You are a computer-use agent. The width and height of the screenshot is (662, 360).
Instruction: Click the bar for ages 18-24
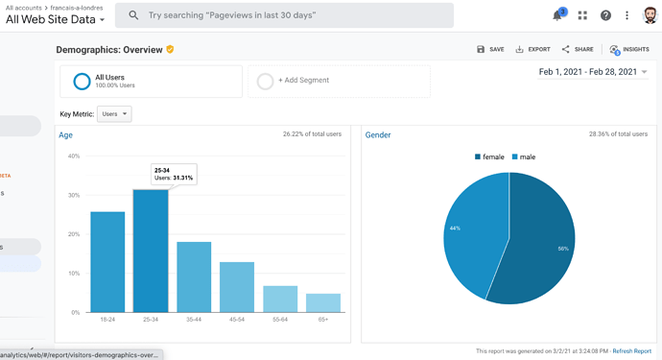click(107, 262)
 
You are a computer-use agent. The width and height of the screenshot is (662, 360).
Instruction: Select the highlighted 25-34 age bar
click(151, 251)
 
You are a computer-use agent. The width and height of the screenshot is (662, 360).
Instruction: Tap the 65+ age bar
click(323, 303)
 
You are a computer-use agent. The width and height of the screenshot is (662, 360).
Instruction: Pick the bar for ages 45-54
click(237, 287)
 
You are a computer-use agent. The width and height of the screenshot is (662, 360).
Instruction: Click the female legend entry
click(489, 156)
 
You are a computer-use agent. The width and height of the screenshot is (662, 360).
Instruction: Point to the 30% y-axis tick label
click(74, 195)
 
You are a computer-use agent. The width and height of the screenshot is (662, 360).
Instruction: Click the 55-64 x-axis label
click(280, 320)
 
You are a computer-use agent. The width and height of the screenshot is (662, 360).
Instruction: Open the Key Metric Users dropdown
click(114, 114)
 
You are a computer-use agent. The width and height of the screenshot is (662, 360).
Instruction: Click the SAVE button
click(490, 49)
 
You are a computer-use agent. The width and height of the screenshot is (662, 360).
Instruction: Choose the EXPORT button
click(532, 49)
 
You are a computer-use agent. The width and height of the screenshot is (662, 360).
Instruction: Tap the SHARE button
click(578, 49)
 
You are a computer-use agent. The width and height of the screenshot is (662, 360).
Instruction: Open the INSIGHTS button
click(629, 49)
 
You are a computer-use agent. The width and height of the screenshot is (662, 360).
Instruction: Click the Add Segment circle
click(265, 82)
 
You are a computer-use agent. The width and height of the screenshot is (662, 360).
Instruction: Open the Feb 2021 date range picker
click(593, 72)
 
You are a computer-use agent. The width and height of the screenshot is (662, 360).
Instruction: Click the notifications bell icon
click(558, 15)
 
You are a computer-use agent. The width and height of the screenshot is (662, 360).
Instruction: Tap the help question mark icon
click(605, 15)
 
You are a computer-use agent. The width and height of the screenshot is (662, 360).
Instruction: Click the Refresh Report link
click(632, 351)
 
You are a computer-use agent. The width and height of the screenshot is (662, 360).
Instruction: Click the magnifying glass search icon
click(133, 15)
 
